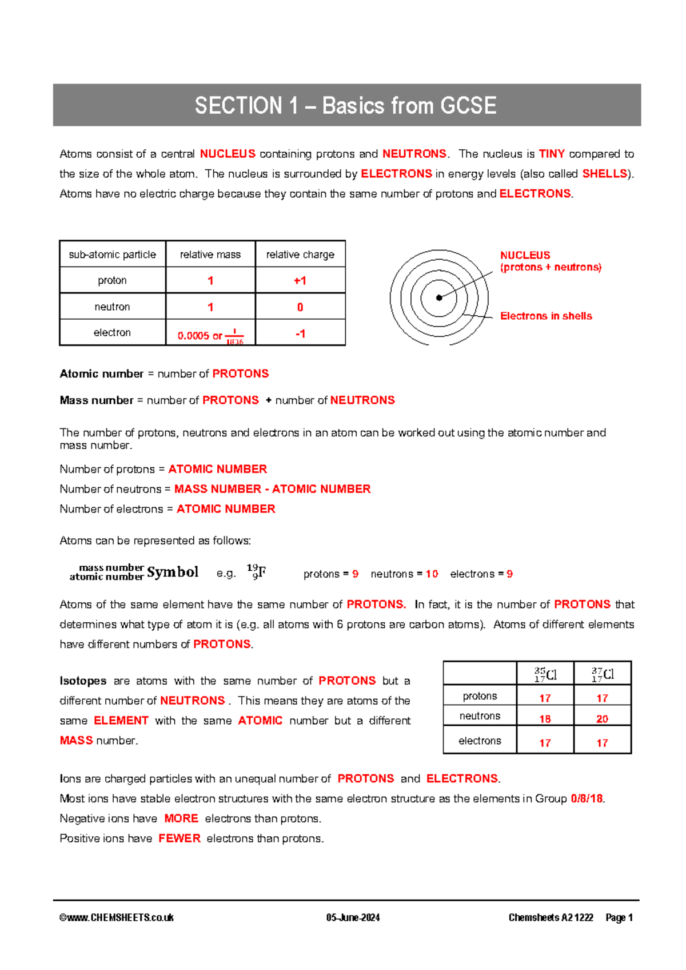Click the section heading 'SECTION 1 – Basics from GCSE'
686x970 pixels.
point(346,106)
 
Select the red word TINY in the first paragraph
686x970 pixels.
point(552,154)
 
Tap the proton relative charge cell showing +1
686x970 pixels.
point(300,281)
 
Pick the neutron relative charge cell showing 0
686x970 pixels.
point(300,307)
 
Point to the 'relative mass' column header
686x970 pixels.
point(210,255)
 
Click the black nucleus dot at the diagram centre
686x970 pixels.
point(439,297)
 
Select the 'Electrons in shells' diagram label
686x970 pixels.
point(546,316)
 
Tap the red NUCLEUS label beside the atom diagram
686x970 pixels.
point(525,255)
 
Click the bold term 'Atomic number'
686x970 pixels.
point(101,374)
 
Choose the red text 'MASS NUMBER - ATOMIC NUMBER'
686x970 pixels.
point(272,489)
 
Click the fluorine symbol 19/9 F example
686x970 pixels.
point(257,572)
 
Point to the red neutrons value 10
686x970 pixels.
point(432,574)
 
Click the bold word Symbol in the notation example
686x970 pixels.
point(172,572)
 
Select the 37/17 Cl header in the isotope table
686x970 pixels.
point(603,674)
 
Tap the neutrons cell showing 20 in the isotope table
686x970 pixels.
point(603,719)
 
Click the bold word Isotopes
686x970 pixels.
point(83,681)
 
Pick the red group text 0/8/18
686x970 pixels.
point(587,798)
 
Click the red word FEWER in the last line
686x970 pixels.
point(180,838)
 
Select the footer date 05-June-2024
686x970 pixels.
point(353,918)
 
